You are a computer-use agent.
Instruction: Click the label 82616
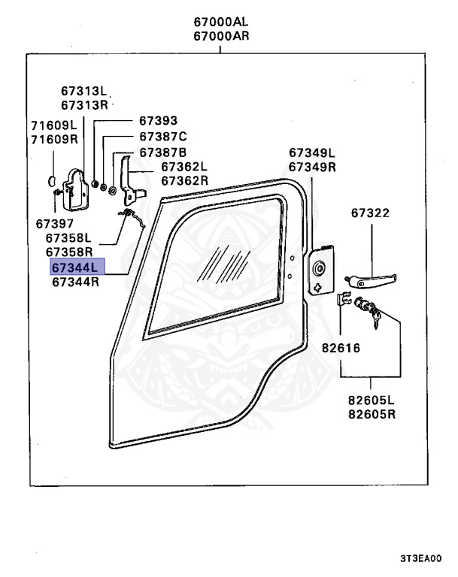pos(341,349)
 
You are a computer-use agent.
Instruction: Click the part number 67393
pos(158,120)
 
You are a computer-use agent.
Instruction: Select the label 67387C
pos(162,137)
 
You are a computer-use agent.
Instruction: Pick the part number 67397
pos(54,223)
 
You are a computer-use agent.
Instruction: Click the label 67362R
pos(184,180)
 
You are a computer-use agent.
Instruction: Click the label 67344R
pos(75,282)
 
